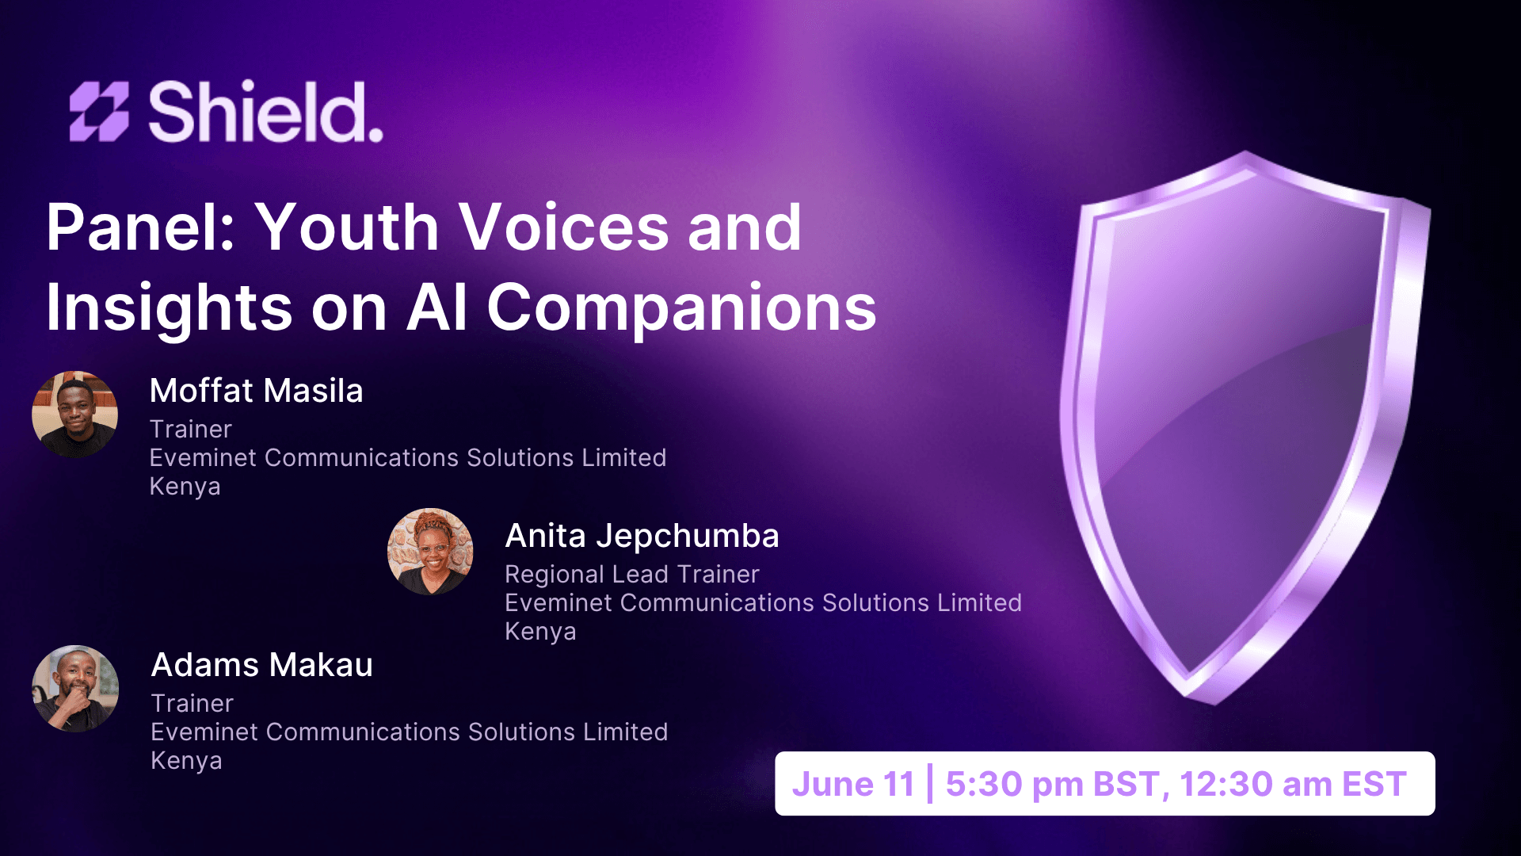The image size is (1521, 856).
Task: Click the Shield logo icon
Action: tap(99, 112)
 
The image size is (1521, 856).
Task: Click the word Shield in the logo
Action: tap(265, 112)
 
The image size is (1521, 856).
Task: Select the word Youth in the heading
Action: tap(348, 227)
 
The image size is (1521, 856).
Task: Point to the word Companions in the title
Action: tap(681, 308)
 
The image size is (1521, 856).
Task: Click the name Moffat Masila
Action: tap(256, 391)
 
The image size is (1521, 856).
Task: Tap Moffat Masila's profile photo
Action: tap(75, 415)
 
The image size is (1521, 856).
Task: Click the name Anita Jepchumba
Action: tap(642, 536)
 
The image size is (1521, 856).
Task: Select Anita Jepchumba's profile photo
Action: tap(430, 552)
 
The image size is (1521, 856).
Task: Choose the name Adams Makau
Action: tap(261, 665)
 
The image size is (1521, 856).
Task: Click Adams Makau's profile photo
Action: tap(75, 688)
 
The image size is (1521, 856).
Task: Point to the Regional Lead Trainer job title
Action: tap(631, 574)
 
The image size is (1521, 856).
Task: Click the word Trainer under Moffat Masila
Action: tap(191, 429)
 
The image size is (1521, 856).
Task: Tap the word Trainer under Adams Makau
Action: tap(192, 703)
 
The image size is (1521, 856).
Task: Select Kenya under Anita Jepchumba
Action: tap(540, 632)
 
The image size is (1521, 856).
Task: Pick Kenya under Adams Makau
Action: tap(186, 761)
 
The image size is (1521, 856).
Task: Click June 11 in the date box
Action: tap(853, 784)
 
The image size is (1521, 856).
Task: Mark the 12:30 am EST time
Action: tap(1293, 784)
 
